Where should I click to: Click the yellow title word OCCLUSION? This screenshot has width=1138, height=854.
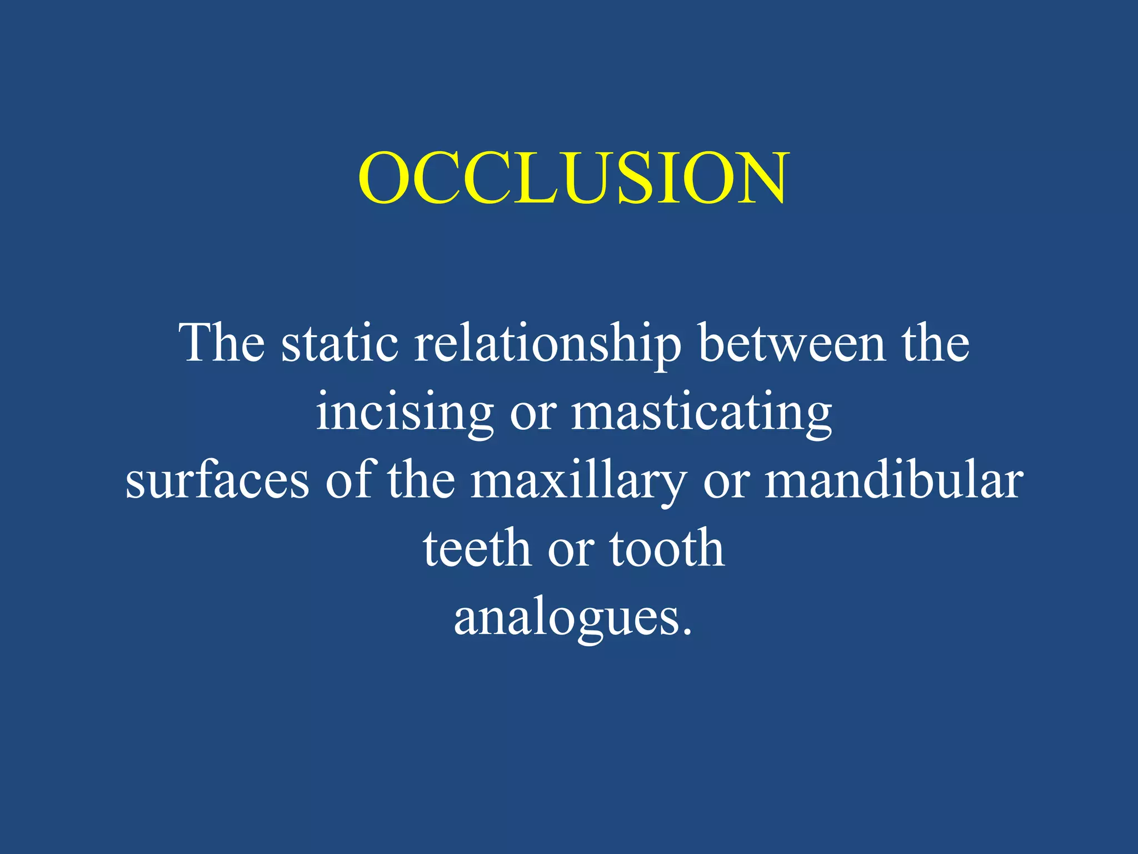pos(573,178)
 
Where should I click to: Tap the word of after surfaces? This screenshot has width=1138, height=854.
pos(348,479)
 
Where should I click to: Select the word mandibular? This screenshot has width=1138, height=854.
pos(894,479)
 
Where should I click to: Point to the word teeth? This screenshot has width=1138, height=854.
pos(477,548)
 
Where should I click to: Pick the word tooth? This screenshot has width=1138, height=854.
pos(667,548)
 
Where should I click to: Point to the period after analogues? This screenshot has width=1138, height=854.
pos(687,631)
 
